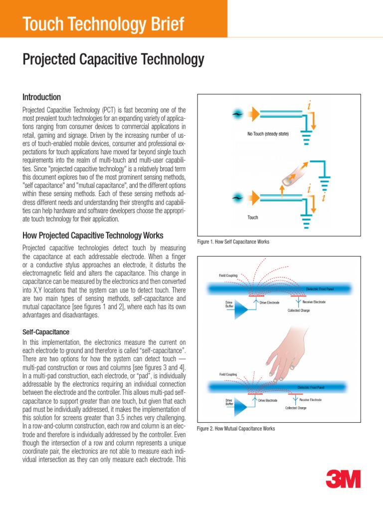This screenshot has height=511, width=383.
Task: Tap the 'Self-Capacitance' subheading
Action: pos(46,331)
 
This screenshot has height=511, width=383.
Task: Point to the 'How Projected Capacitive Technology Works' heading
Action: pos(93,235)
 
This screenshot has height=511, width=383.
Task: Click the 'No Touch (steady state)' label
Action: pos(268,134)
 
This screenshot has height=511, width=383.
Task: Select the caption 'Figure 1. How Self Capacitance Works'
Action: pos(233,242)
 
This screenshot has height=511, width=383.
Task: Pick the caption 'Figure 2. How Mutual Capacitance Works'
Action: pos(236,429)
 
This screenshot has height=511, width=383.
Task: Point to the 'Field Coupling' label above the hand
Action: pos(228,374)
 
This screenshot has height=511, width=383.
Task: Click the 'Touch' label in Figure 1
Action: pos(253,218)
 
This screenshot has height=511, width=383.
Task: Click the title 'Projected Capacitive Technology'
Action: pos(113,60)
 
